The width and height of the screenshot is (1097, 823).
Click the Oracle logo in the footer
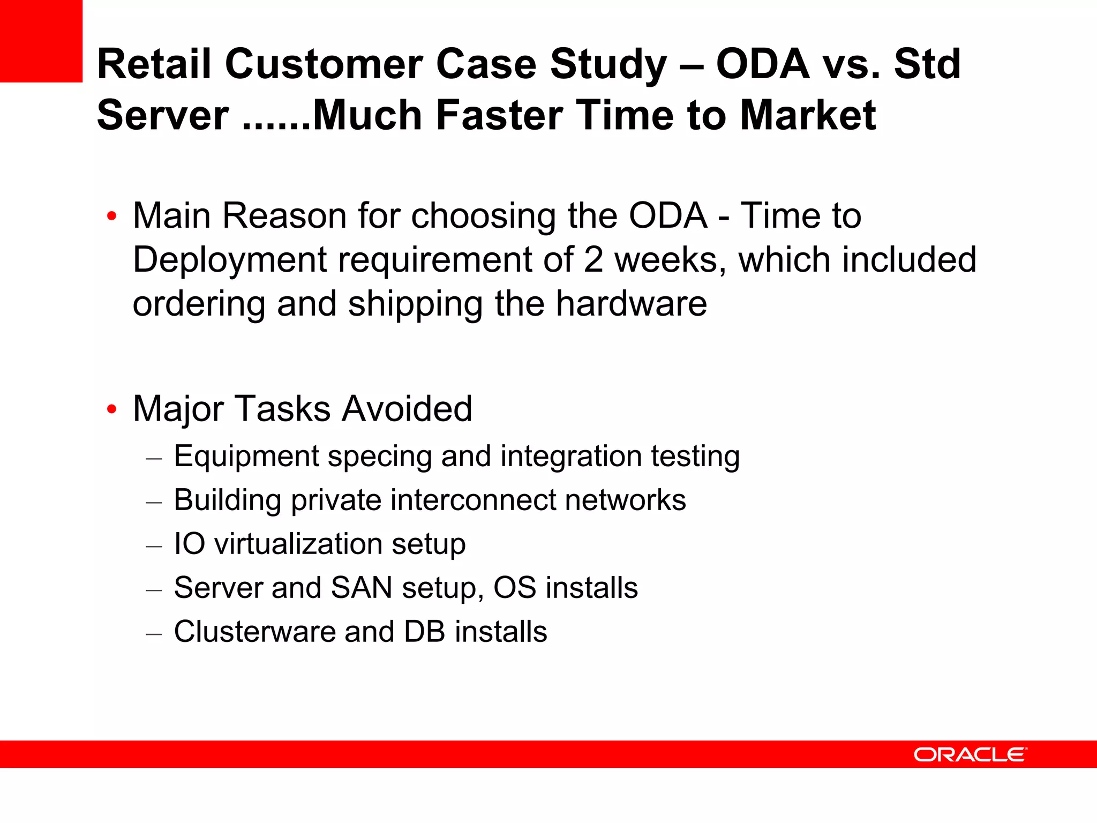pyautogui.click(x=970, y=754)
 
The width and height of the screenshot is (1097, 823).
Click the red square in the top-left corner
pyautogui.click(x=41, y=41)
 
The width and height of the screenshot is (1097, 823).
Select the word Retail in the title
pyautogui.click(x=154, y=64)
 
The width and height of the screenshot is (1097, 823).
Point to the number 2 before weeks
pyautogui.click(x=593, y=260)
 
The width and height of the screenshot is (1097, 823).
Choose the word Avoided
pyautogui.click(x=407, y=409)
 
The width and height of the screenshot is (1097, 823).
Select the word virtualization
pyautogui.click(x=298, y=544)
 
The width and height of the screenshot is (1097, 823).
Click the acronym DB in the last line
pyautogui.click(x=424, y=632)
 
